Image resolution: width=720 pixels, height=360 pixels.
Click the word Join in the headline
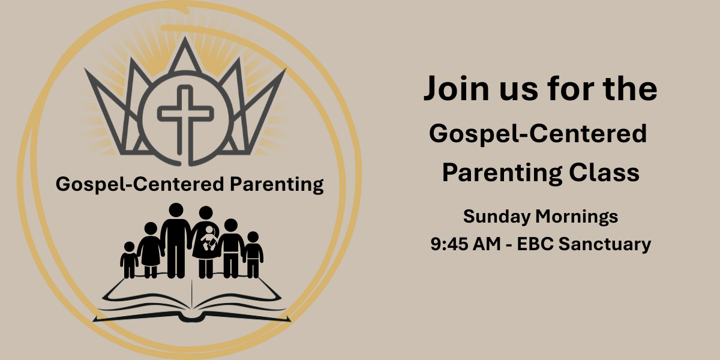457,88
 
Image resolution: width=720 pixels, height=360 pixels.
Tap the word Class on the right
604,172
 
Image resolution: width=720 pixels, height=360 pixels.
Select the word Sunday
497,217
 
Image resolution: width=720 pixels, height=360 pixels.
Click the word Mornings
577,217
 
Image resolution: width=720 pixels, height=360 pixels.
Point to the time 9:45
449,244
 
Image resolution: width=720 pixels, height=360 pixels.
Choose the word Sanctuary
605,244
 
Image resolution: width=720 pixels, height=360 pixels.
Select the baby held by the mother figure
209,238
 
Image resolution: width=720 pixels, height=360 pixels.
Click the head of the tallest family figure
176,210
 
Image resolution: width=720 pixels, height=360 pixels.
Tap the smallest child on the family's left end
129,260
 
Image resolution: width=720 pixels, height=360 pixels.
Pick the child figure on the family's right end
253,254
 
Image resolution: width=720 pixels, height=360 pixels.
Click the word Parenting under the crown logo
277,185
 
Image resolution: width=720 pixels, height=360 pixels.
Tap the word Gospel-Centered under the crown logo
140,185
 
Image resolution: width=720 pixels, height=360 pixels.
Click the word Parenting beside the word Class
502,173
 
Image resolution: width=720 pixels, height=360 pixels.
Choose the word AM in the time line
487,244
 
